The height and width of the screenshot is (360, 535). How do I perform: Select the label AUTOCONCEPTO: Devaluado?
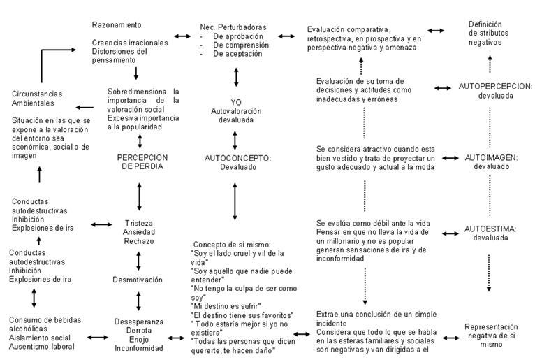(237, 163)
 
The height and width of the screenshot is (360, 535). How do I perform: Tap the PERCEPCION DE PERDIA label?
(142, 162)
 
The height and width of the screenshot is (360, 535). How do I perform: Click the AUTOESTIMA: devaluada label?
(490, 233)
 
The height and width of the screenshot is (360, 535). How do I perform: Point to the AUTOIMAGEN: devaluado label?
(491, 162)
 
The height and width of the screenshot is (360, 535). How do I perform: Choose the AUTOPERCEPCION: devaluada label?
(495, 91)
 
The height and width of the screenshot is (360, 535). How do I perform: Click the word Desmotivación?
(138, 280)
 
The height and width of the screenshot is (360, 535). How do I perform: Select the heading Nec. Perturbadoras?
(233, 27)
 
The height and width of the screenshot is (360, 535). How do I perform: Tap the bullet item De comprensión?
(241, 45)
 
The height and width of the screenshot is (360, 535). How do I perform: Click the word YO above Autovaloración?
(236, 102)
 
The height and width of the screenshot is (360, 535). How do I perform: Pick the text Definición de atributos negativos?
(488, 33)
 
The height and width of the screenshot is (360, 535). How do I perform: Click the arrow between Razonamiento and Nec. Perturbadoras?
(182, 36)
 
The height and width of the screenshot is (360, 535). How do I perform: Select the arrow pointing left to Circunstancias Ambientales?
(85, 108)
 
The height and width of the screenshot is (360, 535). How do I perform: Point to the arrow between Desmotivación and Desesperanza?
(138, 301)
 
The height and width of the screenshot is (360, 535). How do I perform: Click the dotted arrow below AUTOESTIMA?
(489, 273)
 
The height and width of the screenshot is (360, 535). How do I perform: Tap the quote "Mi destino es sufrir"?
(226, 306)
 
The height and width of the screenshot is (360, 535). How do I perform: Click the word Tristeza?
(138, 224)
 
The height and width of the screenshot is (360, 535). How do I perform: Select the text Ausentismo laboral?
(42, 346)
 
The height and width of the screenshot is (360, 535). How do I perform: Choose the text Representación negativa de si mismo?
(491, 336)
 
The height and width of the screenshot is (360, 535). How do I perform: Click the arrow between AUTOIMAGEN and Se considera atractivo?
(450, 158)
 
